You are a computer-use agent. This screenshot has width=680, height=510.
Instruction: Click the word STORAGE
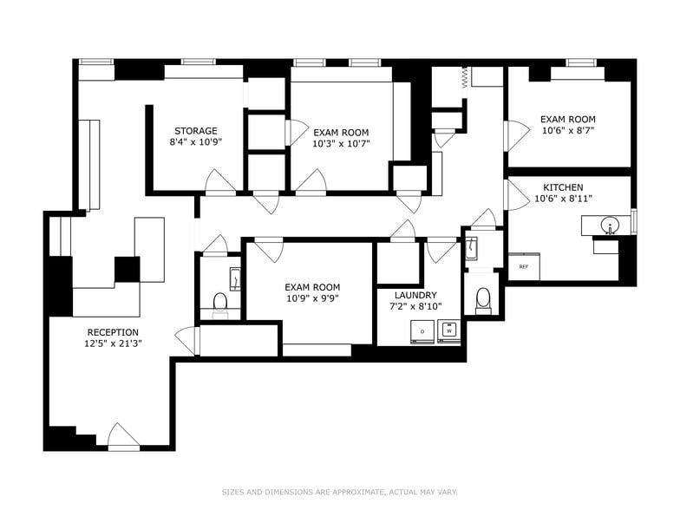[195, 131]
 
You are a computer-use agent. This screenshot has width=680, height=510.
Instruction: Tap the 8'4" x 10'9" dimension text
[195, 143]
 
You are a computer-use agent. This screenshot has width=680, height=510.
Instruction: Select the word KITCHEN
[563, 187]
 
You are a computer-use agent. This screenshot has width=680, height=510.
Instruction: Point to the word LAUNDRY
[415, 295]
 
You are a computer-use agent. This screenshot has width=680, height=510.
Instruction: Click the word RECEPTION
[112, 332]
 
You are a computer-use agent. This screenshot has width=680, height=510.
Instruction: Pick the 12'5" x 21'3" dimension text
[112, 343]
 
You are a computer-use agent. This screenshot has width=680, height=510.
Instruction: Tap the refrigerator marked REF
[524, 266]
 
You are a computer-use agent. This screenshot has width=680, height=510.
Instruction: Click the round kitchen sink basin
[610, 227]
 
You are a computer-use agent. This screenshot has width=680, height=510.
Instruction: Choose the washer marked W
[449, 330]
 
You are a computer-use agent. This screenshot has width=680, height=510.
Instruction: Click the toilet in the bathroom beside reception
[219, 303]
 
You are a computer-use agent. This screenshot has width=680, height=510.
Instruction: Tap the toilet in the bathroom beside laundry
[483, 299]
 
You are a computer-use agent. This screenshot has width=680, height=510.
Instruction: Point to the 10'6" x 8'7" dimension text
[567, 131]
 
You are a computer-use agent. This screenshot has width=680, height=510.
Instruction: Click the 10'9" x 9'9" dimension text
[312, 298]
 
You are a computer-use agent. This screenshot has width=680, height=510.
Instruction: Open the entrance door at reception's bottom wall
[123, 436]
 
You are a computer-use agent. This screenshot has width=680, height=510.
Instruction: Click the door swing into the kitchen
[517, 194]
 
